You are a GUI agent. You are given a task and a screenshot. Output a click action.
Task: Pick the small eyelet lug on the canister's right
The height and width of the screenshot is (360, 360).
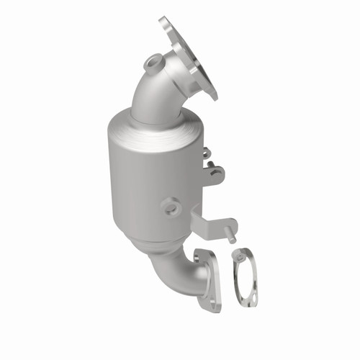click(x=206, y=153)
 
